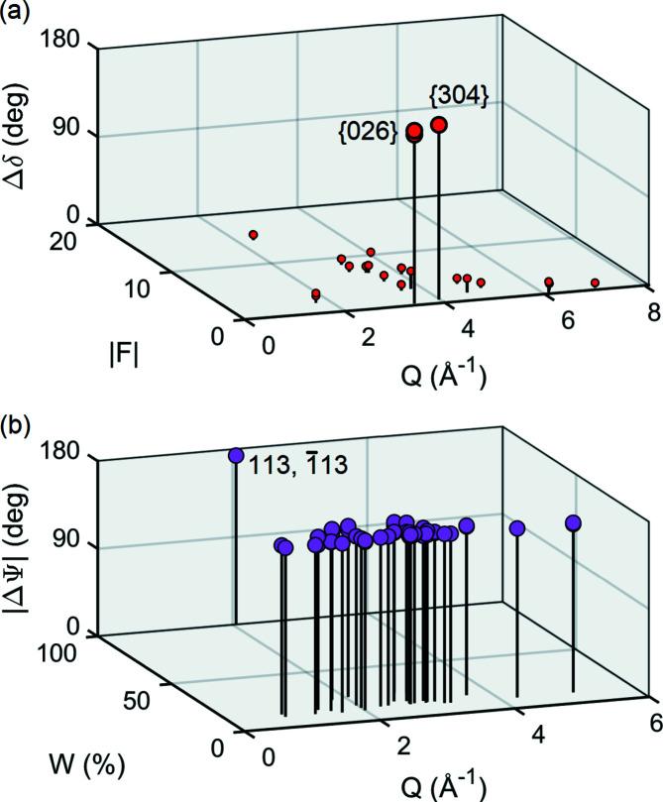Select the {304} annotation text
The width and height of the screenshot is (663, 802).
click(x=458, y=96)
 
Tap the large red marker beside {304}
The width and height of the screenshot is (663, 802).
click(x=439, y=125)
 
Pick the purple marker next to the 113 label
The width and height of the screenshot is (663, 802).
click(x=236, y=456)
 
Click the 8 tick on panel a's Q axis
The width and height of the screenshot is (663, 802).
click(x=652, y=313)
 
